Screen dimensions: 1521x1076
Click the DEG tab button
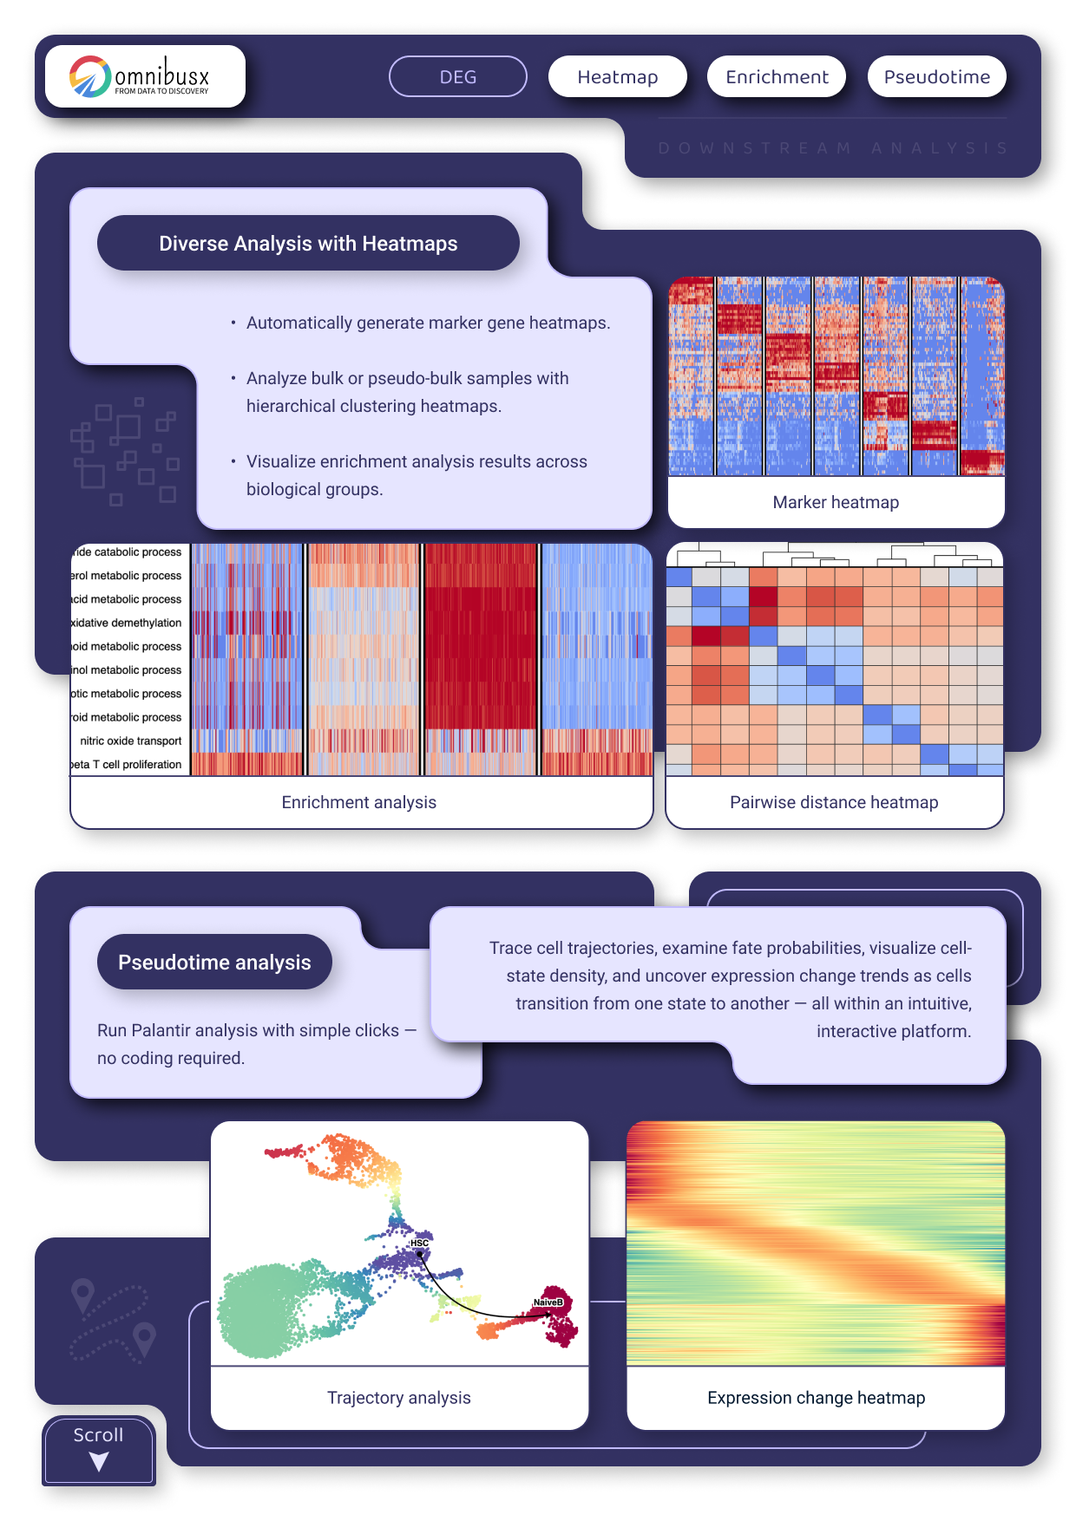click(457, 77)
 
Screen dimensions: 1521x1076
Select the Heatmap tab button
click(617, 77)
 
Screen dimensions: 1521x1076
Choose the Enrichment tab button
click(777, 77)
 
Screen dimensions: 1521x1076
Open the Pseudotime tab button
click(936, 77)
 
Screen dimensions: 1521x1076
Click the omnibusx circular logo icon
click(89, 76)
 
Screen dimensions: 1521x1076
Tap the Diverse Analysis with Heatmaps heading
click(308, 244)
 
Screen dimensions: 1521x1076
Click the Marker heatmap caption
click(836, 502)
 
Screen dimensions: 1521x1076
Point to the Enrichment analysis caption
click(358, 802)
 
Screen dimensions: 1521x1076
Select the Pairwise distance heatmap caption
click(834, 802)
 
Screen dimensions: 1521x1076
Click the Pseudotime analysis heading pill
click(214, 963)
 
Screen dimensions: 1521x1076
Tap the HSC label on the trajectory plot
click(419, 1244)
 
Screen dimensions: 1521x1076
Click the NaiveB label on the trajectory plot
click(548, 1302)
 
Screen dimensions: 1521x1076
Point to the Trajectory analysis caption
click(399, 1398)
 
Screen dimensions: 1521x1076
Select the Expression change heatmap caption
click(816, 1398)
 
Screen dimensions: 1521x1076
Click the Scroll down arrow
click(99, 1462)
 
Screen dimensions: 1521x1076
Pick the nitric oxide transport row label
click(131, 741)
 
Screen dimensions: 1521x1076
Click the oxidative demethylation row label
click(127, 623)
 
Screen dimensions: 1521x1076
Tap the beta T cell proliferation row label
click(127, 765)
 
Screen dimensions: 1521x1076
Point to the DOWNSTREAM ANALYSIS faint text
click(832, 148)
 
